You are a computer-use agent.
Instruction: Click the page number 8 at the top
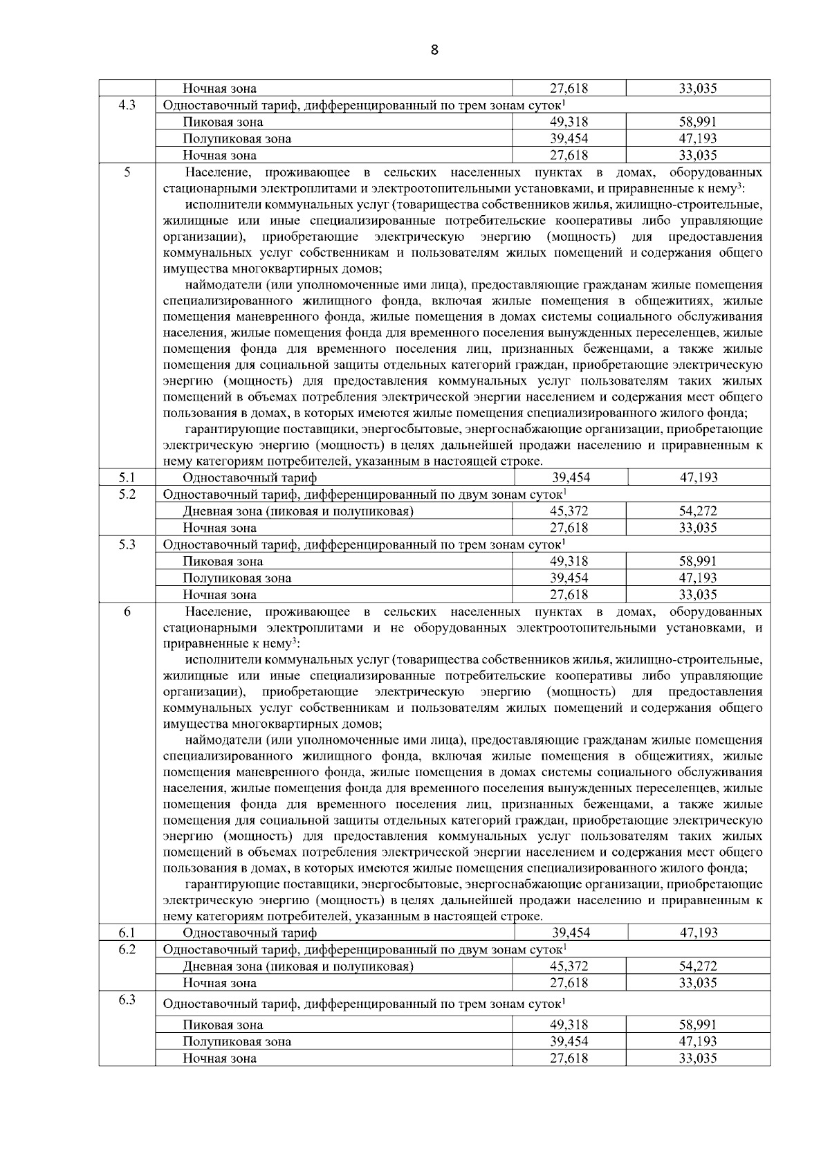pyautogui.click(x=434, y=50)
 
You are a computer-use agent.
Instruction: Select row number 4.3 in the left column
pyautogui.click(x=127, y=105)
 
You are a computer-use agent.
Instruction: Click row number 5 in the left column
pyautogui.click(x=127, y=172)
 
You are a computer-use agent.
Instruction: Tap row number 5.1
pyautogui.click(x=127, y=477)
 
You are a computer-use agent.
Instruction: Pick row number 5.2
pyautogui.click(x=127, y=494)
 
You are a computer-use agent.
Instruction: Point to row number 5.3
pyautogui.click(x=127, y=544)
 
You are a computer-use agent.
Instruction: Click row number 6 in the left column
pyautogui.click(x=127, y=612)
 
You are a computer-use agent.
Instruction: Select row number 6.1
pyautogui.click(x=127, y=933)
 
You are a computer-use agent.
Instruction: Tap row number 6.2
pyautogui.click(x=127, y=949)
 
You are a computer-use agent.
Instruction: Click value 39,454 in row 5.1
pyautogui.click(x=570, y=477)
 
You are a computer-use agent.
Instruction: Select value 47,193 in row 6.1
pyautogui.click(x=698, y=933)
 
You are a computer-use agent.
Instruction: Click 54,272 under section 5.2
pyautogui.click(x=698, y=511)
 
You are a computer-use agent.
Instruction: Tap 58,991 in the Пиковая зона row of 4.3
pyautogui.click(x=698, y=122)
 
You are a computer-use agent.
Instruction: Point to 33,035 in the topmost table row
pyautogui.click(x=698, y=89)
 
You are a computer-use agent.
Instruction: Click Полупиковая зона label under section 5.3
pyautogui.click(x=237, y=578)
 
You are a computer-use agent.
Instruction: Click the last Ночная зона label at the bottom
pyautogui.click(x=219, y=1058)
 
